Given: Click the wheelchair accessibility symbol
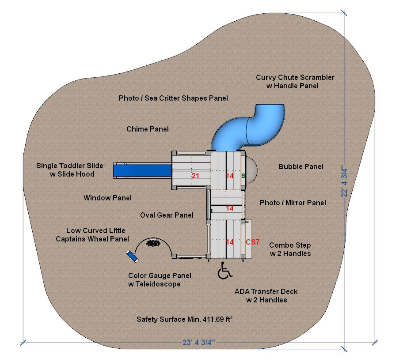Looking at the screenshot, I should pos(224,271).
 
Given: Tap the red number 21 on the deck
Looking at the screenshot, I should pos(195,176).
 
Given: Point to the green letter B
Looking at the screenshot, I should pos(243,176).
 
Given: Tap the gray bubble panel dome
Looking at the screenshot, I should pos(251,170).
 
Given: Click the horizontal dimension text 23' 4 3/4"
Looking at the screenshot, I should pos(198,342).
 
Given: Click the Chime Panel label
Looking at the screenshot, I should pos(148,129).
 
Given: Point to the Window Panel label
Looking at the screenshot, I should pos(107,198).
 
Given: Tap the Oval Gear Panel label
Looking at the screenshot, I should pos(167,215).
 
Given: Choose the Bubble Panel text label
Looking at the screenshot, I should pos(300,167).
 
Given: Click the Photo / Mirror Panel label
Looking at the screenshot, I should pos(293,203).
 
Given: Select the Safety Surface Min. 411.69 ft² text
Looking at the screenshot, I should pos(185,319).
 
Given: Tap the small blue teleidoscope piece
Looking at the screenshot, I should pos(132,256).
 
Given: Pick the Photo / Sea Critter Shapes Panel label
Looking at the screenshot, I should pos(173,98).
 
